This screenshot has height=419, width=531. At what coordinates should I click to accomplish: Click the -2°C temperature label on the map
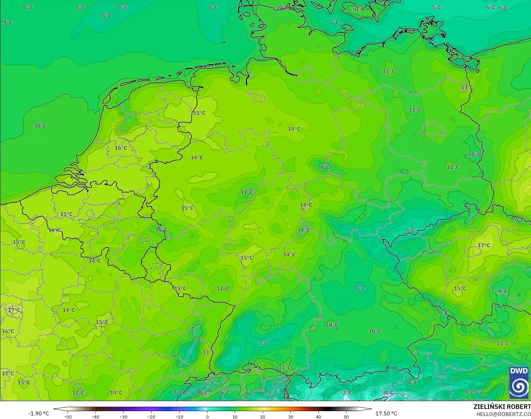[346, 393]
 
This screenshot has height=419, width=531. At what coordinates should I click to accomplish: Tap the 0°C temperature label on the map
[389, 393]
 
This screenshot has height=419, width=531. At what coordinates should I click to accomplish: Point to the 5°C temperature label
[436, 7]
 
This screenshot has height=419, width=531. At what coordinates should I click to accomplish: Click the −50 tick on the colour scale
[68, 417]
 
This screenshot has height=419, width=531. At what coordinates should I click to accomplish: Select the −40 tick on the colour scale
[96, 417]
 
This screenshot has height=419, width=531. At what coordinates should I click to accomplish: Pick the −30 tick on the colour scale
[124, 417]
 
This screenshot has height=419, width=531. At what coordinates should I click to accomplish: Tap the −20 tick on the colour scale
[151, 417]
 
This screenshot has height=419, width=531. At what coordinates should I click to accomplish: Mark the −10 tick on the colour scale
[179, 417]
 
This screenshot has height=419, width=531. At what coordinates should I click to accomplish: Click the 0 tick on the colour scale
[207, 417]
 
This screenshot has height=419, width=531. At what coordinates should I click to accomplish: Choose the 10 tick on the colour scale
[235, 417]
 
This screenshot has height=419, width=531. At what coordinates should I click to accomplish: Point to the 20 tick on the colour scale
[263, 417]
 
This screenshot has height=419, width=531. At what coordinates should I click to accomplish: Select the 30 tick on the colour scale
[291, 417]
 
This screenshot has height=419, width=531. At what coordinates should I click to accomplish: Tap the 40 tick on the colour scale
[318, 417]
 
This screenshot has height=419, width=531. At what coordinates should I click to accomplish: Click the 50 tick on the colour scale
[346, 417]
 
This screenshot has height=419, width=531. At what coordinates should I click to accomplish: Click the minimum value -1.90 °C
[38, 413]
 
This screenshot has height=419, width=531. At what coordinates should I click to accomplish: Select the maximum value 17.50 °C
[386, 413]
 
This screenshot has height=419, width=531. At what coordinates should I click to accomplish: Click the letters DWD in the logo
[519, 371]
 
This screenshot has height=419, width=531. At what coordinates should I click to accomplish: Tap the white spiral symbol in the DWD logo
[519, 387]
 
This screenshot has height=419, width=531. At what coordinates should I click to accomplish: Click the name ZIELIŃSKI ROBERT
[502, 407]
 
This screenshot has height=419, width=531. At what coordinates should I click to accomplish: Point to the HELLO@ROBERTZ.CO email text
[504, 414]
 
